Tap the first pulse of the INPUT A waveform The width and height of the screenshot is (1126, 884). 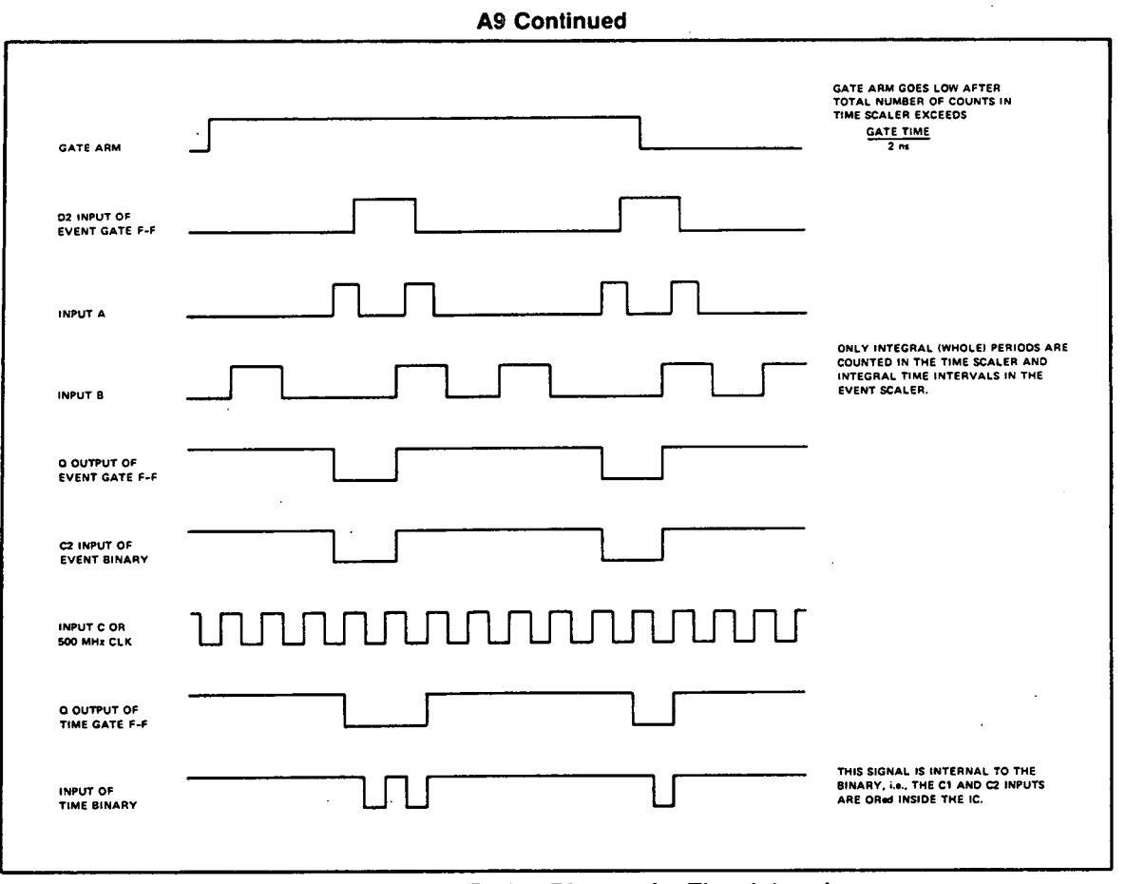click(346, 298)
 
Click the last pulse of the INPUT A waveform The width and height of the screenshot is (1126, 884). click(685, 298)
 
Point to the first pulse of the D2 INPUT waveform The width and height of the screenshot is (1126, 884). click(385, 215)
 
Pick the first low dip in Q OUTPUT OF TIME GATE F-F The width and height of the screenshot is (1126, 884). click(386, 711)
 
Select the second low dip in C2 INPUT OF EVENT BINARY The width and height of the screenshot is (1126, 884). click(632, 546)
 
